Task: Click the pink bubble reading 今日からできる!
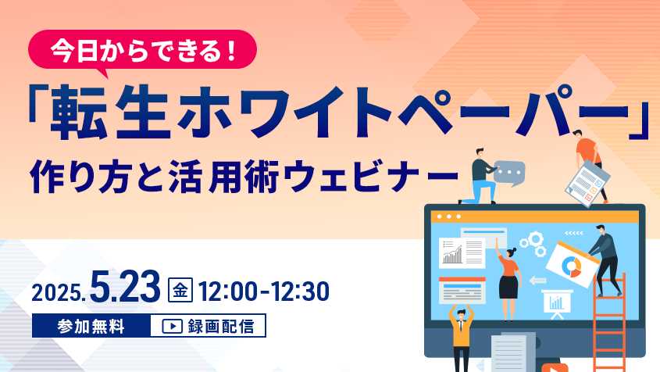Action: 142,51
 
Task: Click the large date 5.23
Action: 125,287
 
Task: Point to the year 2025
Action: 59,292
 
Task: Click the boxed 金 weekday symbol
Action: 180,290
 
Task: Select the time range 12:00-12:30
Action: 264,291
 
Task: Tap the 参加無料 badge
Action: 91,326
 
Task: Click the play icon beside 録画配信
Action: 172,326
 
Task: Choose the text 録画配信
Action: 220,327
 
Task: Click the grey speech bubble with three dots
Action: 509,173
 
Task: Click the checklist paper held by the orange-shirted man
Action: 587,183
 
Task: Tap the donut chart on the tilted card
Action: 571,266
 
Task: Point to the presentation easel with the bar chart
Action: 556,303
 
